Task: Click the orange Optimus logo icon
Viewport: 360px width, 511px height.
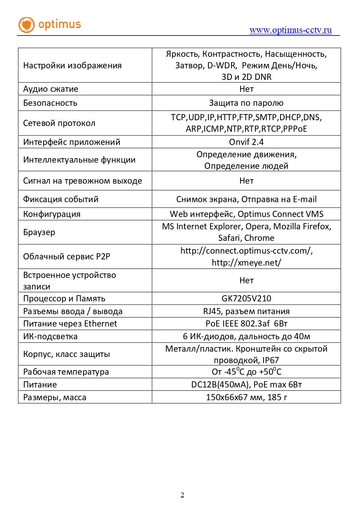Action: pos(27,25)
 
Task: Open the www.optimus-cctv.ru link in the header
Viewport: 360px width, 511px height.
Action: pos(290,30)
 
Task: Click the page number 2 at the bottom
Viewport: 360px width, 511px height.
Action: pos(182,495)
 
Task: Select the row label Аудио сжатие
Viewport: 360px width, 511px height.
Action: pos(51,89)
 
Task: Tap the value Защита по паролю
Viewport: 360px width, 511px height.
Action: pos(246,103)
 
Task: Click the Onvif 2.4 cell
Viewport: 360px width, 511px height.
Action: pos(246,142)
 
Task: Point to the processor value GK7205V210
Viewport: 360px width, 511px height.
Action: pos(246,299)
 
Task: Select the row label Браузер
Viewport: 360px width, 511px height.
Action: pos(39,232)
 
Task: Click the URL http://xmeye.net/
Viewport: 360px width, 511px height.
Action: pos(246,263)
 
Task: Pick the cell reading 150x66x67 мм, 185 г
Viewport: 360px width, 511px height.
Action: pos(246,397)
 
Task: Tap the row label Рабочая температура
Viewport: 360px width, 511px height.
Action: pos(66,372)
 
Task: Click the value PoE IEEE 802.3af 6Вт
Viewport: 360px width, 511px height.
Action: pos(246,324)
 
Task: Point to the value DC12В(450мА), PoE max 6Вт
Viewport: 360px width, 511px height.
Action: pos(246,385)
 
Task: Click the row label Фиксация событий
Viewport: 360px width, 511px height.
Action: pos(61,199)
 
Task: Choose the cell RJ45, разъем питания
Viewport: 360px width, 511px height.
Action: pos(246,311)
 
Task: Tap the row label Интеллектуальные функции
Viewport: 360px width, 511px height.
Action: pos(79,160)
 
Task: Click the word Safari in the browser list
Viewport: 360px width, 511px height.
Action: pos(229,238)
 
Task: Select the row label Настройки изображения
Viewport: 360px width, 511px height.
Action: pos(72,65)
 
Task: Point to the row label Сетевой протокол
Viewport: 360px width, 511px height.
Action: pos(59,123)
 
